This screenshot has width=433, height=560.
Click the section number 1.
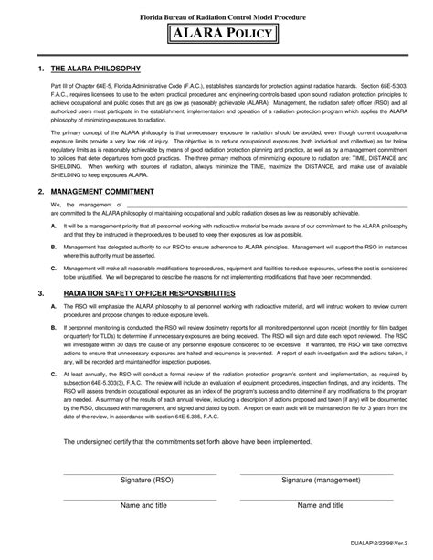click(x=41, y=69)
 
